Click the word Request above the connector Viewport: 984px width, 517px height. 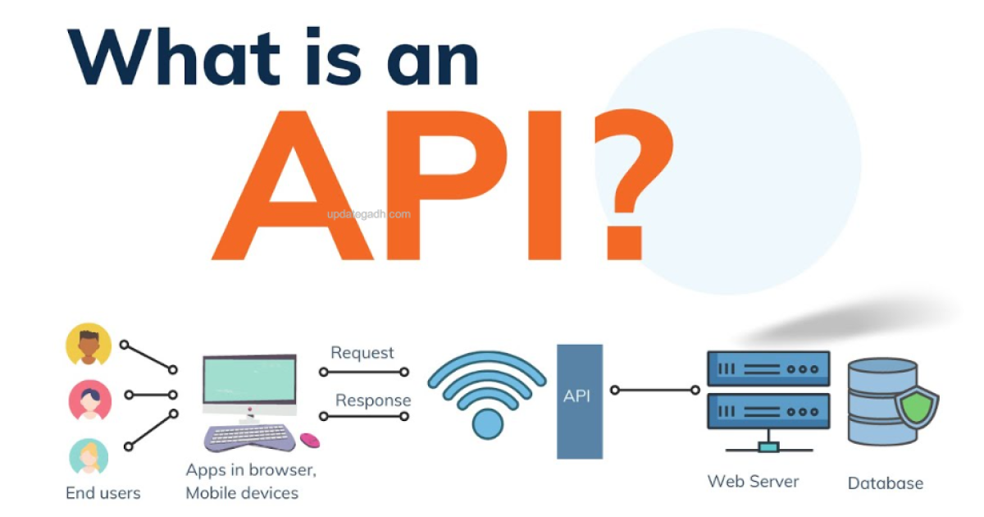362,354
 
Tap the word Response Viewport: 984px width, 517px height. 373,400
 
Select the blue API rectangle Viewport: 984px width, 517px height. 580,400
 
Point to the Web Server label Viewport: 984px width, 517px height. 753,481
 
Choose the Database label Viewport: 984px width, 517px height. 885,483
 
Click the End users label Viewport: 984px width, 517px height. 103,493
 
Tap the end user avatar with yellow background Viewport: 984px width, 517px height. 89,345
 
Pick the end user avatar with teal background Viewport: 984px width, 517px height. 89,456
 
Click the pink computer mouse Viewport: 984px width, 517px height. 309,441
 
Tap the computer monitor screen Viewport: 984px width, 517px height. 249,383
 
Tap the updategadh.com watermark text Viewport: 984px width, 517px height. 367,214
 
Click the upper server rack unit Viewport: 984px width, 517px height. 768,369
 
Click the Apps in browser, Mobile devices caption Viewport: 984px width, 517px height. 251,482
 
